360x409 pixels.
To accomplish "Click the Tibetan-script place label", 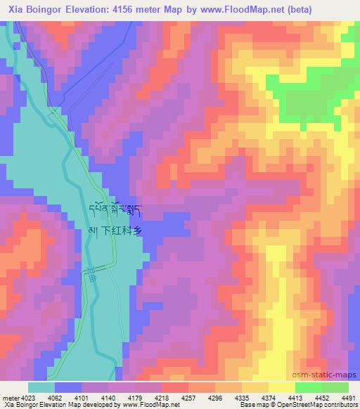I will (118, 211).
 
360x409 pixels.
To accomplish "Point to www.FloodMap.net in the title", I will (234, 9).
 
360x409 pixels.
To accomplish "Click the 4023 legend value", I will (27, 397).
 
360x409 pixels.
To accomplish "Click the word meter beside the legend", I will (9, 397).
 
